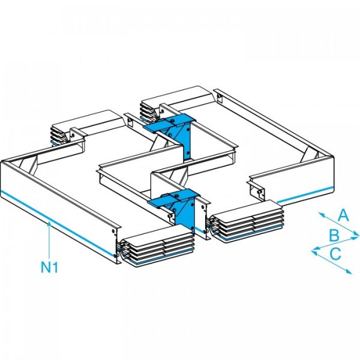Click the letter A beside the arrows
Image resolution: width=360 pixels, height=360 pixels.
[x=343, y=215]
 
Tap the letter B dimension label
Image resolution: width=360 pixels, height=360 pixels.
[x=334, y=235]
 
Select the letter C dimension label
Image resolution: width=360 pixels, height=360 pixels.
[x=336, y=254]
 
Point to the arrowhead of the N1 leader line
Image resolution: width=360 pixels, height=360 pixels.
[x=49, y=223]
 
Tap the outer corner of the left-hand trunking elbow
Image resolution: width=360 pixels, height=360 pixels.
[x=5, y=162]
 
